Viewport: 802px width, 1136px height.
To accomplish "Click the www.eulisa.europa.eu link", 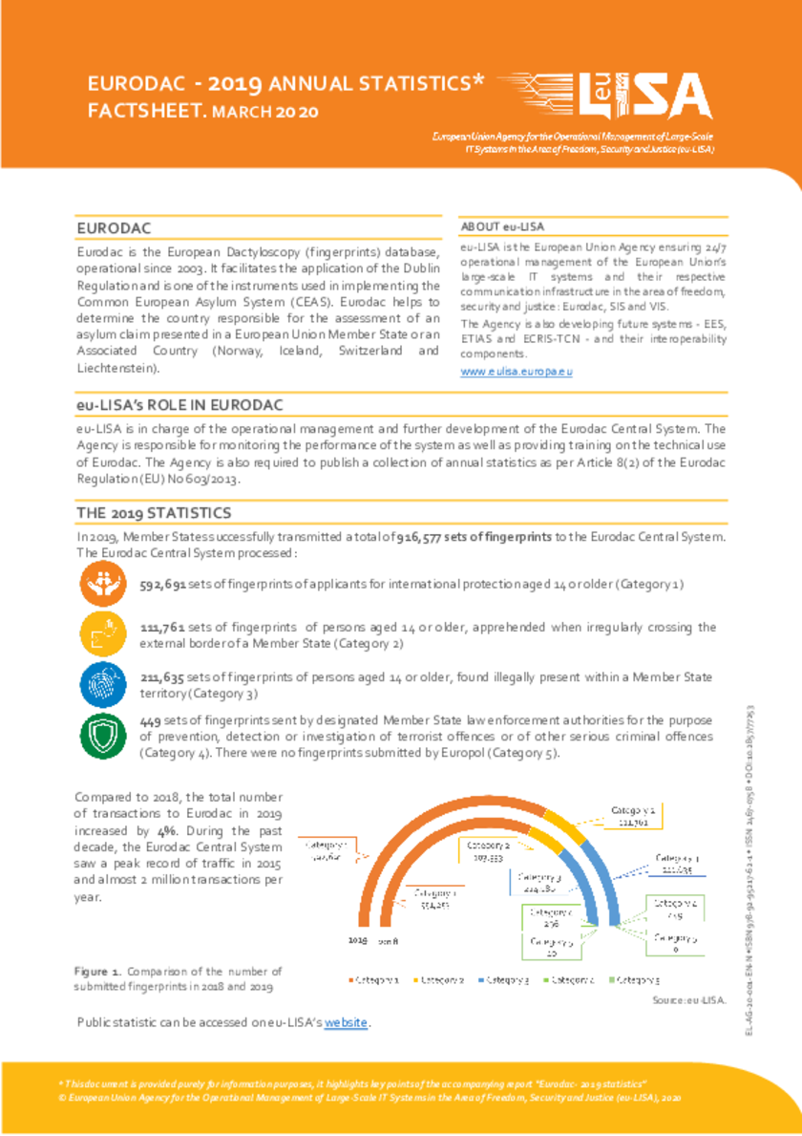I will (517, 372).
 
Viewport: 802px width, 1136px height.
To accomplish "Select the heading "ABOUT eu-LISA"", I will (502, 226).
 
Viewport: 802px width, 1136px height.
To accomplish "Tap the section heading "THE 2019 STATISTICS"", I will (154, 513).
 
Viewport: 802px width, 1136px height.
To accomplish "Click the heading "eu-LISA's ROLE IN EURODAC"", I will (179, 406).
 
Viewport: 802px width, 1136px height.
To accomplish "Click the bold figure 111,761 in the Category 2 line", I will (163, 628).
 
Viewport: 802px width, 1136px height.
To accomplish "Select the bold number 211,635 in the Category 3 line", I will (163, 677).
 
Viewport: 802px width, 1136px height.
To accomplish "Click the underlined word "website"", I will (346, 1023).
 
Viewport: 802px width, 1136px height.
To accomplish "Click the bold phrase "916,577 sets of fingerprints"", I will (474, 538).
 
